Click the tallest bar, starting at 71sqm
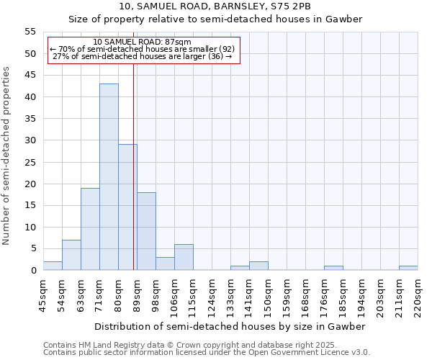point(109,177)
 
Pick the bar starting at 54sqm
point(71,255)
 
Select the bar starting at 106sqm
point(184,257)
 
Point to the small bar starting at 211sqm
point(408,268)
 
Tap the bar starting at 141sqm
point(258,266)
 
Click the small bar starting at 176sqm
point(333,268)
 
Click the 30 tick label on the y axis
point(30,140)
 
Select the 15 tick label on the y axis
point(30,205)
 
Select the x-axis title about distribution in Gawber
point(230,326)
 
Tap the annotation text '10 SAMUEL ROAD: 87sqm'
point(142,42)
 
